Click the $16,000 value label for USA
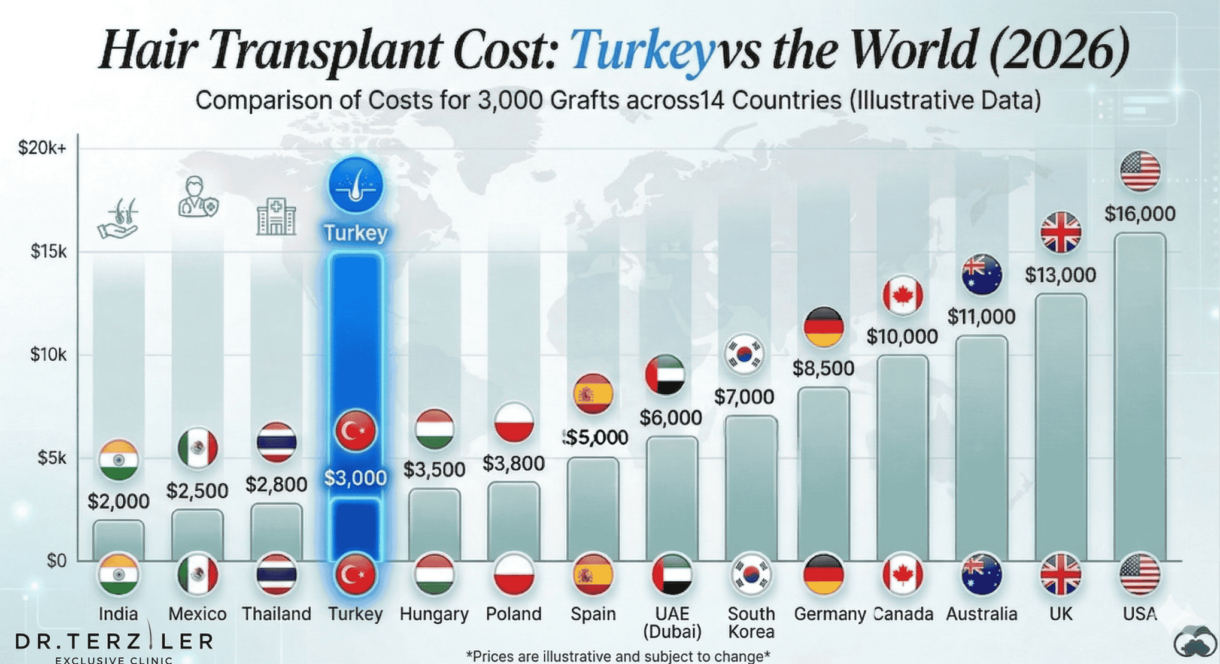1139,214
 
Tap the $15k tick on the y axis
48,251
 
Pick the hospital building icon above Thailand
276,216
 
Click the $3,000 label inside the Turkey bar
356,478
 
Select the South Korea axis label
751,623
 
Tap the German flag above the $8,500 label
824,327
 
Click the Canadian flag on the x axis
902,574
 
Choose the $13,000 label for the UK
1060,275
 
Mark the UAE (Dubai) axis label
672,623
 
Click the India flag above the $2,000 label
119,460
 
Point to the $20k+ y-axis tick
42,148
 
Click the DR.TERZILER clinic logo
114,645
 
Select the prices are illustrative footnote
617,656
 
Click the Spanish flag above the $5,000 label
593,394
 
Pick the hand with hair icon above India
119,219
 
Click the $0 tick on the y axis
56,561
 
